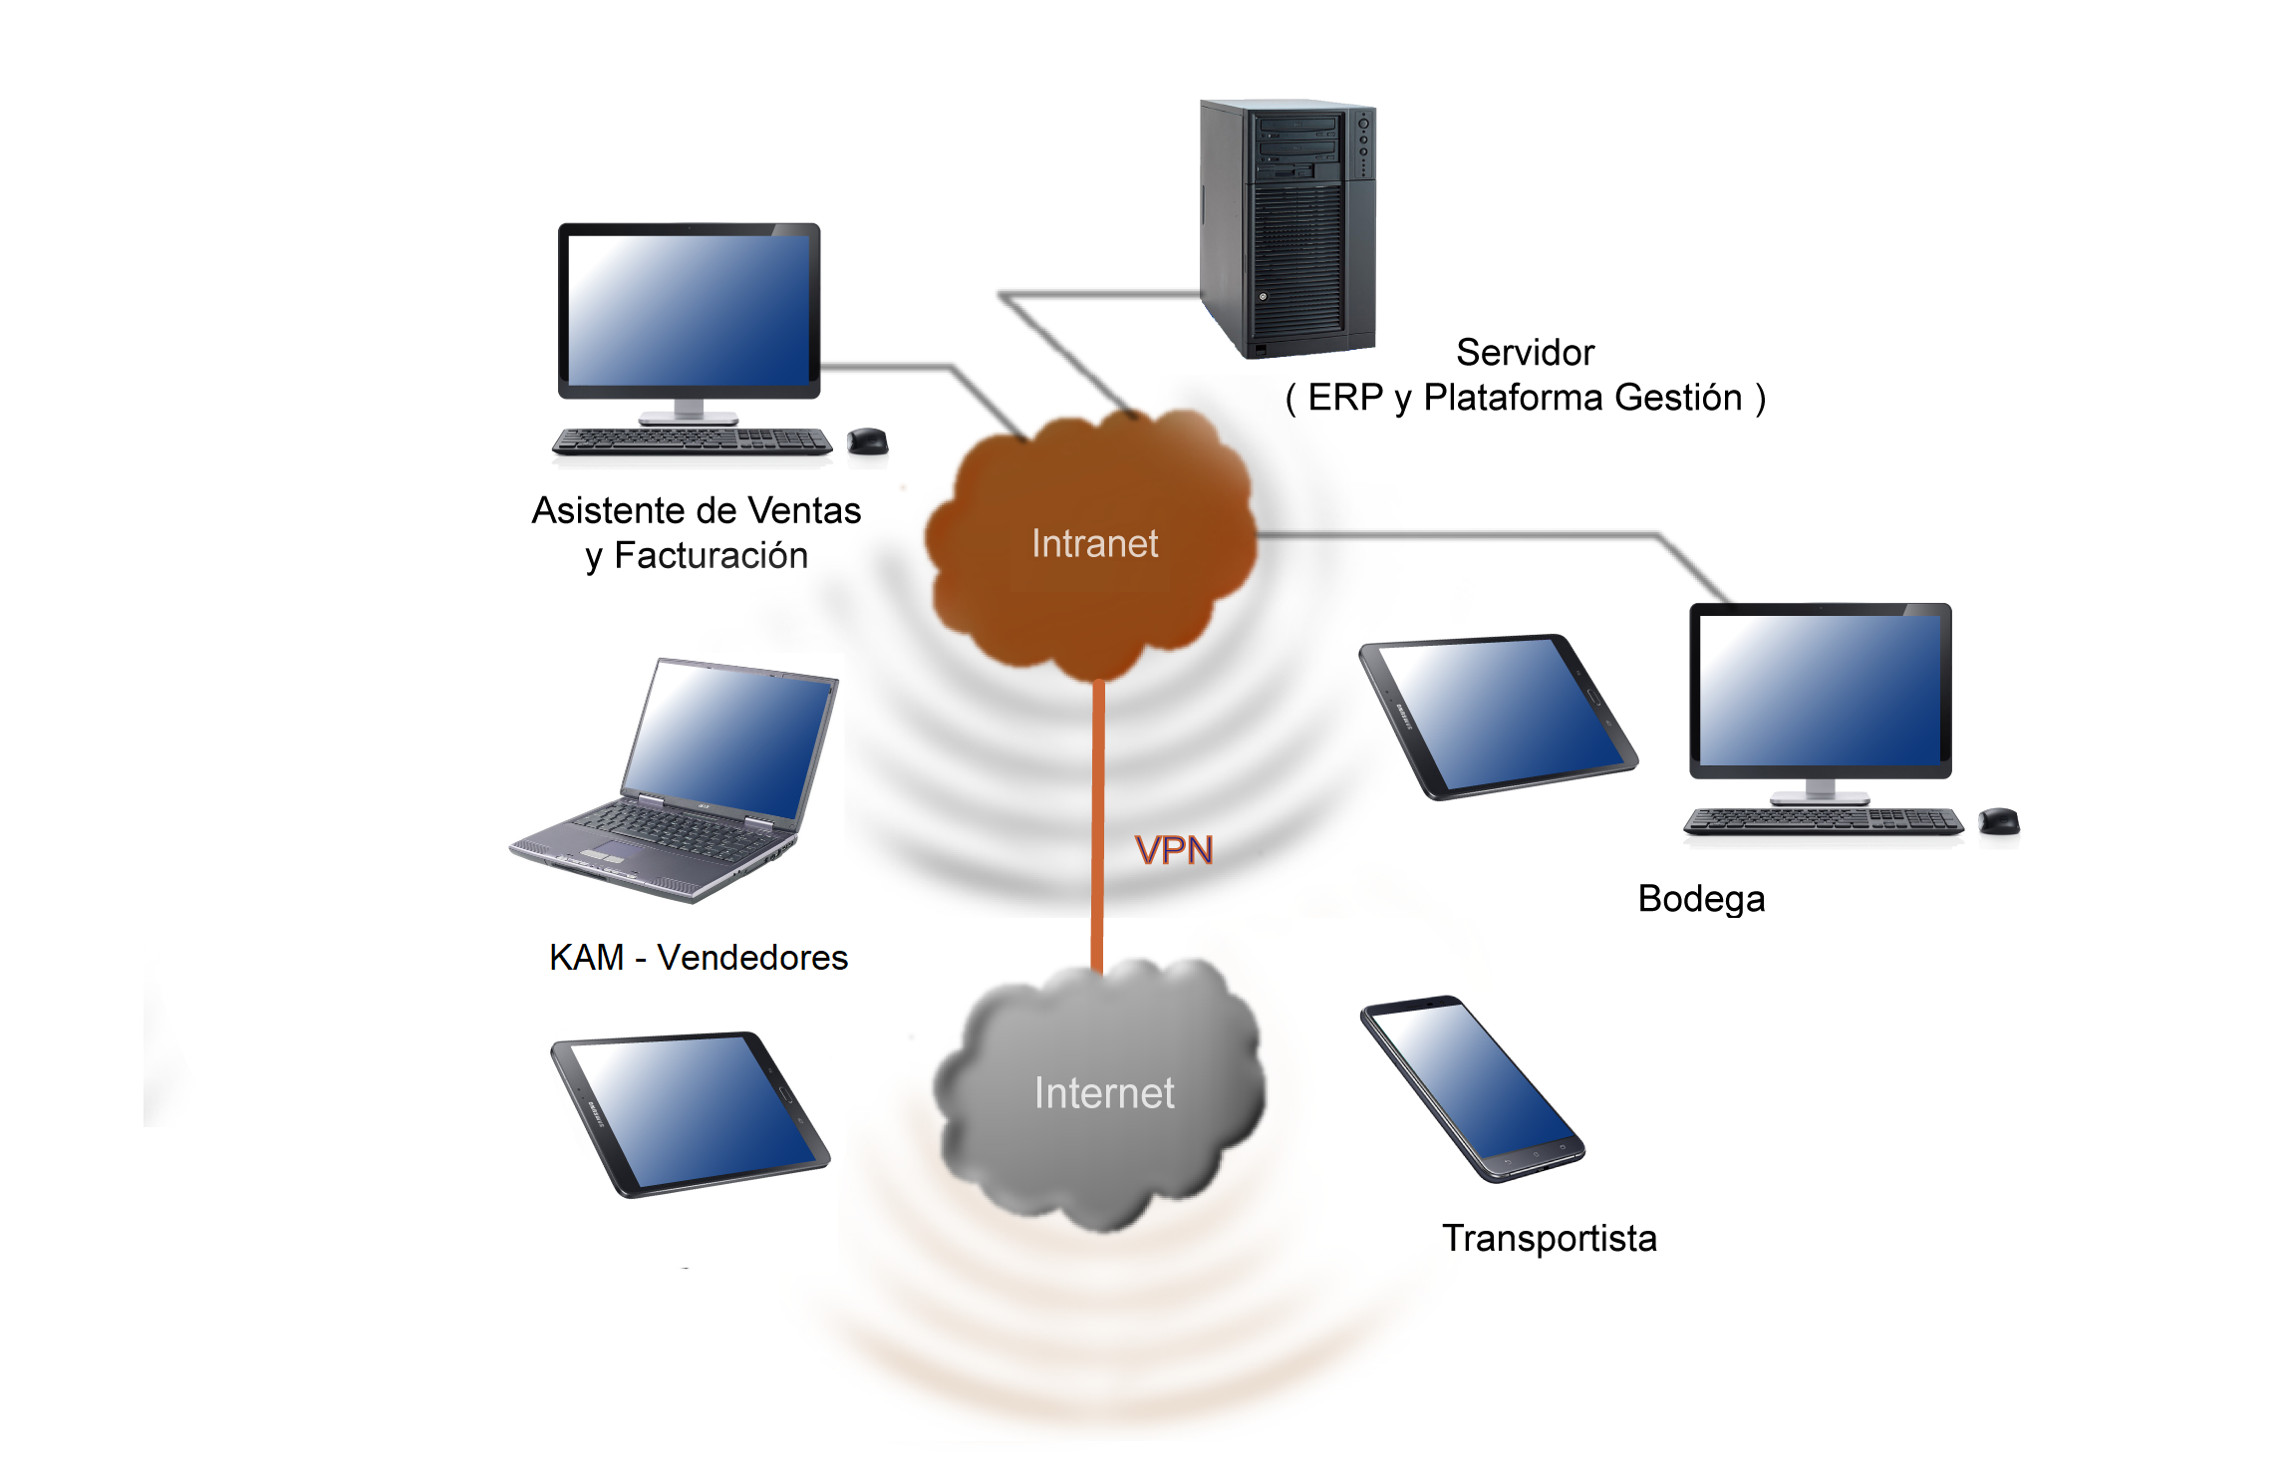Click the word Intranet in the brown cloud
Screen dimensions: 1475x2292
(1094, 544)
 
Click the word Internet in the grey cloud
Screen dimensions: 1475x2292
(1104, 1093)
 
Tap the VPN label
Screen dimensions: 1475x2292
(1174, 850)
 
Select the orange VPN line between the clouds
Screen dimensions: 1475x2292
(1097, 797)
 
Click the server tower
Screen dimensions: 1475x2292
(1288, 229)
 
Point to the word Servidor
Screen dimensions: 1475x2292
(1525, 353)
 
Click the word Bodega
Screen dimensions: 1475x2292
(1701, 899)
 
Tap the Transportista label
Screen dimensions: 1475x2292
(1550, 1239)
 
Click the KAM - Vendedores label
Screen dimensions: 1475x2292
(698, 958)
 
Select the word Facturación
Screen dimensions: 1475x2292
(711, 556)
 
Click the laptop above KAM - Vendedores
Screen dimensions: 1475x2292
(688, 777)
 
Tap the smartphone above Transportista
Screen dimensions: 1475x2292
(1473, 1088)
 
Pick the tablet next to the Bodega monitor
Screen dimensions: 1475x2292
(1499, 716)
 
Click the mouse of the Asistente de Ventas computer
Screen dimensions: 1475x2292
(867, 440)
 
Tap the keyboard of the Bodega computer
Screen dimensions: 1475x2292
(1822, 821)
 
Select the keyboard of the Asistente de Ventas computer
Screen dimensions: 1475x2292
(692, 441)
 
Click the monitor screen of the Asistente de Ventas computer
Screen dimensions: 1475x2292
(689, 310)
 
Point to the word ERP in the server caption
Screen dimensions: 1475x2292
(1345, 398)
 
